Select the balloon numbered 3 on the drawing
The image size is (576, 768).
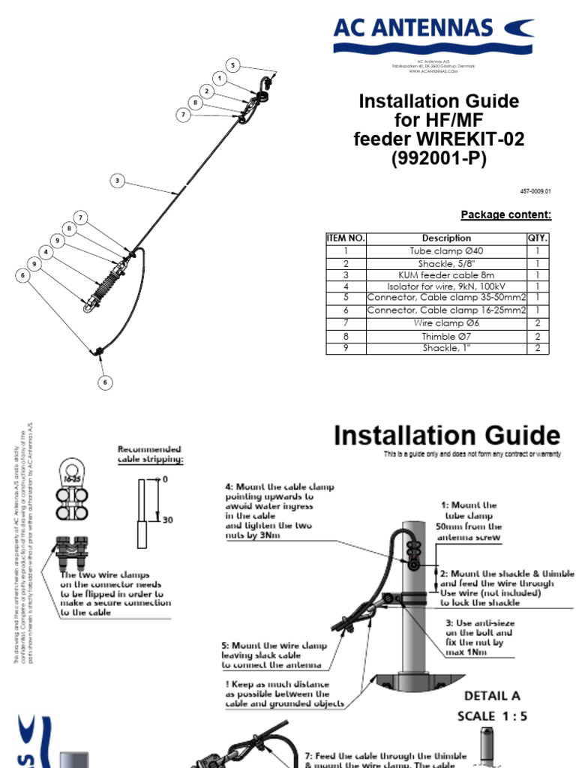[x=118, y=180]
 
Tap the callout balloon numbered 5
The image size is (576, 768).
[x=233, y=65]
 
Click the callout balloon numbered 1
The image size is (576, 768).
[x=219, y=78]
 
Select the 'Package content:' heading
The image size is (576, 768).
[x=505, y=215]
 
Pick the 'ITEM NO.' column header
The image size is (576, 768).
[x=346, y=238]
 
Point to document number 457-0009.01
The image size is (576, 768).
[x=536, y=192]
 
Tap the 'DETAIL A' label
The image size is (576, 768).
[x=492, y=696]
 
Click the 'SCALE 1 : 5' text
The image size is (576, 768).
[x=493, y=716]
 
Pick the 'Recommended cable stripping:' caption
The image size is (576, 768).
[x=150, y=454]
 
